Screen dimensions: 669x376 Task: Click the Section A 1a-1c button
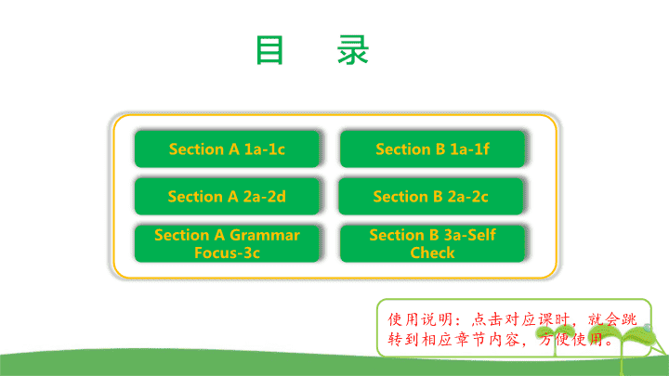(227, 149)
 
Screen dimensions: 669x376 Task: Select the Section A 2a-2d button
(227, 196)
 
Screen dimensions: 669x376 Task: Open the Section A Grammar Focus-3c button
(227, 243)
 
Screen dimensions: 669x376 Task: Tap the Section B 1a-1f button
(432, 149)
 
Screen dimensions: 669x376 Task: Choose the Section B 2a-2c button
(430, 196)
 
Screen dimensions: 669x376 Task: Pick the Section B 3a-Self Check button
(432, 243)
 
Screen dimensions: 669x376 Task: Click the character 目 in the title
(269, 50)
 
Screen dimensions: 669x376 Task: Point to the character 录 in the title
(353, 50)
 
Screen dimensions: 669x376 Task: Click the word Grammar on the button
(265, 235)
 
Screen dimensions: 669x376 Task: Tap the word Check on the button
(432, 253)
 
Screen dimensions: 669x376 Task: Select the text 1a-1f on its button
(470, 149)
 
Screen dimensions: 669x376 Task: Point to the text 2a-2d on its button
(265, 197)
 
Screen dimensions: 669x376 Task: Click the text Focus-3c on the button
(227, 253)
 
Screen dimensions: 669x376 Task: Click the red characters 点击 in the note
(487, 319)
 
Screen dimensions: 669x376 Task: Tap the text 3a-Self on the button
(470, 235)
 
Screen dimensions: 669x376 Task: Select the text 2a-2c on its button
(467, 197)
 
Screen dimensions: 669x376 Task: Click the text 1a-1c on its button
(265, 149)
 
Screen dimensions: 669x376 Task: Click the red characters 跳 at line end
(629, 319)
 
